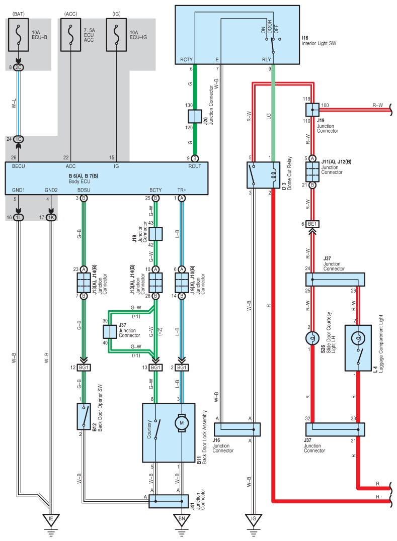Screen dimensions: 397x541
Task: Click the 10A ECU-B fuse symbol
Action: click(18, 35)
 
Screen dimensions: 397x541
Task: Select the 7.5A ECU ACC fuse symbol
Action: click(71, 35)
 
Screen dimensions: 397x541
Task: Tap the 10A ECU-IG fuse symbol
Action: click(116, 35)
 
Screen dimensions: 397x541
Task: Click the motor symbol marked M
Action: click(182, 423)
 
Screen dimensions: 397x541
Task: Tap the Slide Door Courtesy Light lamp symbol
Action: click(312, 338)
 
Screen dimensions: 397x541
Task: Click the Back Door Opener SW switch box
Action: click(84, 416)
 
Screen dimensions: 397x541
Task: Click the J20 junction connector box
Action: click(195, 116)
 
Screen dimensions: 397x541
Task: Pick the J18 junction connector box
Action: click(155, 234)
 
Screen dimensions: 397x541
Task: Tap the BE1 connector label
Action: click(312, 224)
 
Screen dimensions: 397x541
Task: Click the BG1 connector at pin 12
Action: click(84, 368)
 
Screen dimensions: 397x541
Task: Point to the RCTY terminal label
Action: click(186, 60)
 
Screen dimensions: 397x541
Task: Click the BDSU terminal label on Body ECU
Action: click(84, 190)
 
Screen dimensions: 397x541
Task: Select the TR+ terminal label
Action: click(182, 190)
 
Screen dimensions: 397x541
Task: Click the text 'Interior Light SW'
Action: click(319, 43)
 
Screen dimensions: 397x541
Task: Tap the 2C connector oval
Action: click(18, 67)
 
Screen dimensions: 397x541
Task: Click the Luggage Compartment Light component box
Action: click(358, 348)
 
